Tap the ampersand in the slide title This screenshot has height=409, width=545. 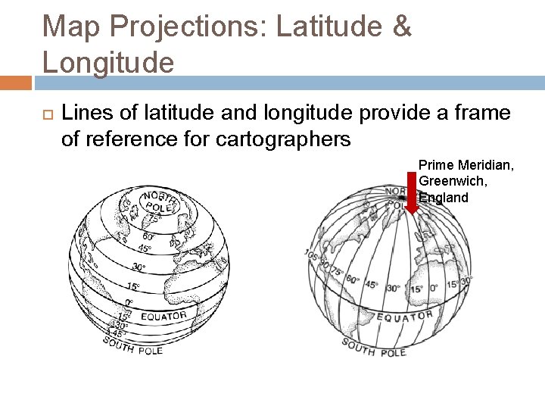coord(400,27)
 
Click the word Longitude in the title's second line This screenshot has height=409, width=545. coord(107,62)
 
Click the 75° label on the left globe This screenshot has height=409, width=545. coord(154,219)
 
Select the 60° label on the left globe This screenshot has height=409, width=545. coord(149,236)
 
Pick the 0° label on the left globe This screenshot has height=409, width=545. coord(129,302)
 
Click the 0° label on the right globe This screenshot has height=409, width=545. coord(434,289)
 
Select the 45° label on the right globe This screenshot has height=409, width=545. coord(372,285)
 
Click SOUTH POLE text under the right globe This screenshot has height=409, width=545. coord(373,348)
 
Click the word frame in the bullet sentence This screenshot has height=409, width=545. coord(478,114)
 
